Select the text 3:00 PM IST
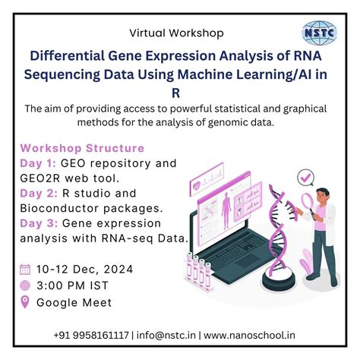point(74,286)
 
